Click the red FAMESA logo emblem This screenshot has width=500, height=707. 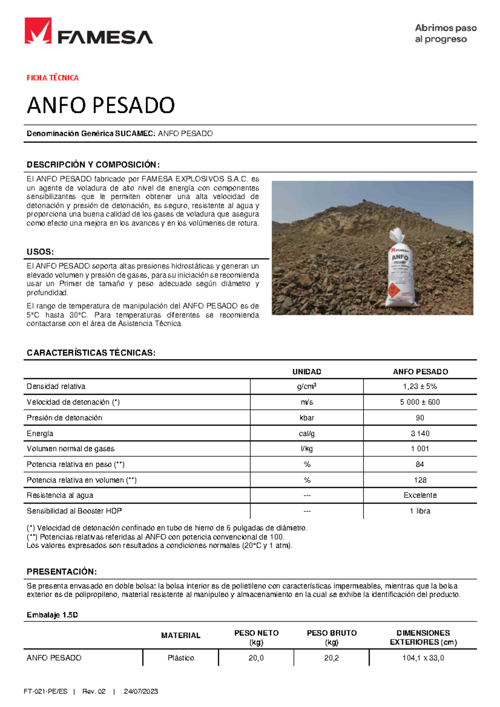coord(38,31)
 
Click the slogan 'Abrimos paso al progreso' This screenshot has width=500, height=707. coord(445,34)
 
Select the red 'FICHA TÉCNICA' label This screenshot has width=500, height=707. coord(52,78)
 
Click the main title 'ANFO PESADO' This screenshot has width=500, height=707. coord(101,105)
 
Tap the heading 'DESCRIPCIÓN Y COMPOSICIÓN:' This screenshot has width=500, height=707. coord(93,164)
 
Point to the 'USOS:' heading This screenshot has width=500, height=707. coord(40,252)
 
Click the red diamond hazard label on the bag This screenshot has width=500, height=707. coord(392,289)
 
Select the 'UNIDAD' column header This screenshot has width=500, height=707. coord(307,371)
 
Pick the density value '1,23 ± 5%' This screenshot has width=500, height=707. coord(420,386)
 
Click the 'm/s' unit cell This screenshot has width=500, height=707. coord(307,402)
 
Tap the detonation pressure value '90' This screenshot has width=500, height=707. coord(420,418)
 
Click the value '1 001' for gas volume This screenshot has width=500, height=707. coord(420,449)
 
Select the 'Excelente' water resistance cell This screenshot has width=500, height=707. coord(420,495)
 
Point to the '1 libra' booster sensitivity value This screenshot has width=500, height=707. coord(420,511)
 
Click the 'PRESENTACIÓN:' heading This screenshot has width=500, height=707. coord(62,571)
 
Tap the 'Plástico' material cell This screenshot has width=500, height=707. coord(181,658)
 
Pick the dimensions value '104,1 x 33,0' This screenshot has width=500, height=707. coord(423,658)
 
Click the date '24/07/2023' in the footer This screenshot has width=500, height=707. coord(141,692)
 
